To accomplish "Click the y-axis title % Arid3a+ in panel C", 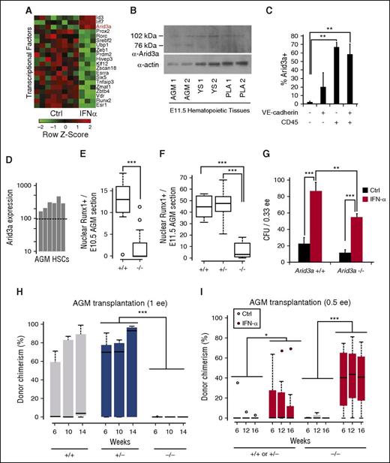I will tap(286, 62).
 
